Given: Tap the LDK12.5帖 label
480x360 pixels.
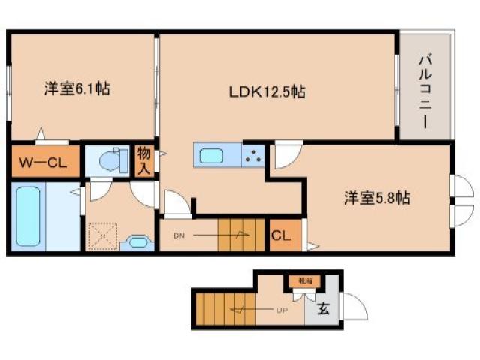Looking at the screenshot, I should pyautogui.click(x=267, y=93).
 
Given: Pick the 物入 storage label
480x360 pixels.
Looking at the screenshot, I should pyautogui.click(x=144, y=160).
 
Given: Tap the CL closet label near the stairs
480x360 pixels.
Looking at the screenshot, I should pyautogui.click(x=282, y=235).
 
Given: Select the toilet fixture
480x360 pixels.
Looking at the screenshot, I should pyautogui.click(x=112, y=160).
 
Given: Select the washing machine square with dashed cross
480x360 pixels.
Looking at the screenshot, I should pyautogui.click(x=102, y=235).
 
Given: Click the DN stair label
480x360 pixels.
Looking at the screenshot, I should pyautogui.click(x=179, y=235).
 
